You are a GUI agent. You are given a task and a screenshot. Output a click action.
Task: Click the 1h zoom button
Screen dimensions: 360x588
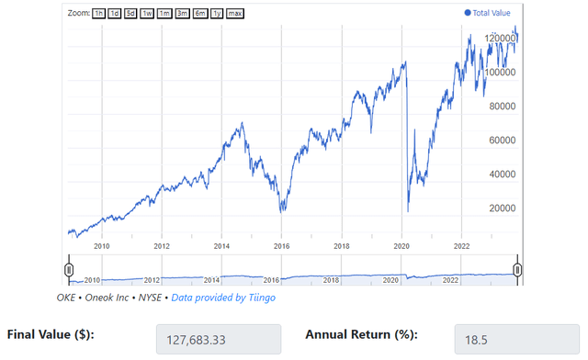click(99, 14)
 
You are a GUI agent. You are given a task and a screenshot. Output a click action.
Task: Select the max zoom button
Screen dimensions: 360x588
click(235, 14)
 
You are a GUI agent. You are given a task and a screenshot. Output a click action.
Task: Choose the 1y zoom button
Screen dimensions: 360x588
click(216, 14)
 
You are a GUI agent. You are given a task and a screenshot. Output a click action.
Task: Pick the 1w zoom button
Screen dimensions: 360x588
click(147, 14)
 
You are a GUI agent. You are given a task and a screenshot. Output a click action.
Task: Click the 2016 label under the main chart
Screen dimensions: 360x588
click(281, 246)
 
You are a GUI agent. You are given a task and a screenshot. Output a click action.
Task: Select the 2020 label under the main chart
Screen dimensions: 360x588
click(401, 246)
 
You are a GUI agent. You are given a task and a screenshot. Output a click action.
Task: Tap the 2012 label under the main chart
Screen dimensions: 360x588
click(162, 246)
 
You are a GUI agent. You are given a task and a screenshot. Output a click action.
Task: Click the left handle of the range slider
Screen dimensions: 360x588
click(69, 269)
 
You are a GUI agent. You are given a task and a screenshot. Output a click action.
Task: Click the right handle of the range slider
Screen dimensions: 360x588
click(517, 269)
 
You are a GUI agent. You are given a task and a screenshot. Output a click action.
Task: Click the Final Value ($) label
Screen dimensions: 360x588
click(53, 335)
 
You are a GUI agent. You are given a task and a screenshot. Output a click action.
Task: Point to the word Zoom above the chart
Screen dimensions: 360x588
click(78, 14)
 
